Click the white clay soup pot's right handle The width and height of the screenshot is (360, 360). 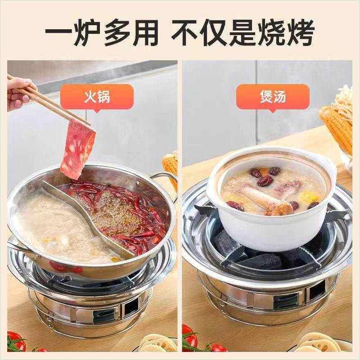click(x=332, y=178)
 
